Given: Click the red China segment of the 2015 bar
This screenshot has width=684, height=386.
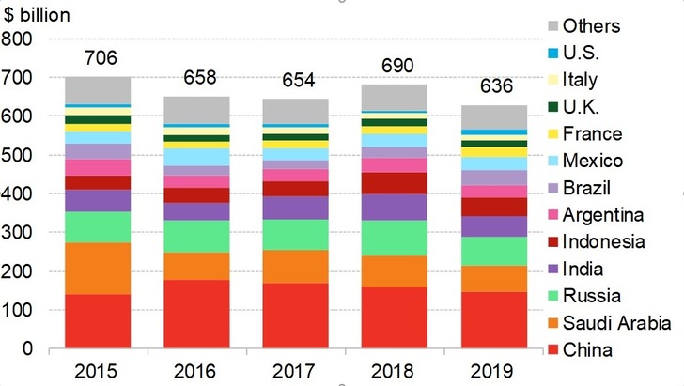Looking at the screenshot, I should click(x=98, y=321).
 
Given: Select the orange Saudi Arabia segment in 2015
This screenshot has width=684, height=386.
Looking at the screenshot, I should click(x=98, y=269).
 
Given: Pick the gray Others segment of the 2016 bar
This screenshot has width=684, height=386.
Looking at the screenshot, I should click(x=196, y=110).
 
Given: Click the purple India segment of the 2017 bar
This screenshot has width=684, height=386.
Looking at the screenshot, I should click(x=295, y=208).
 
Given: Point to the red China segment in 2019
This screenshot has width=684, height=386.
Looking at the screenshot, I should click(x=491, y=320).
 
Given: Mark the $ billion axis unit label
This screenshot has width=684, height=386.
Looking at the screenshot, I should click(x=39, y=16).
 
